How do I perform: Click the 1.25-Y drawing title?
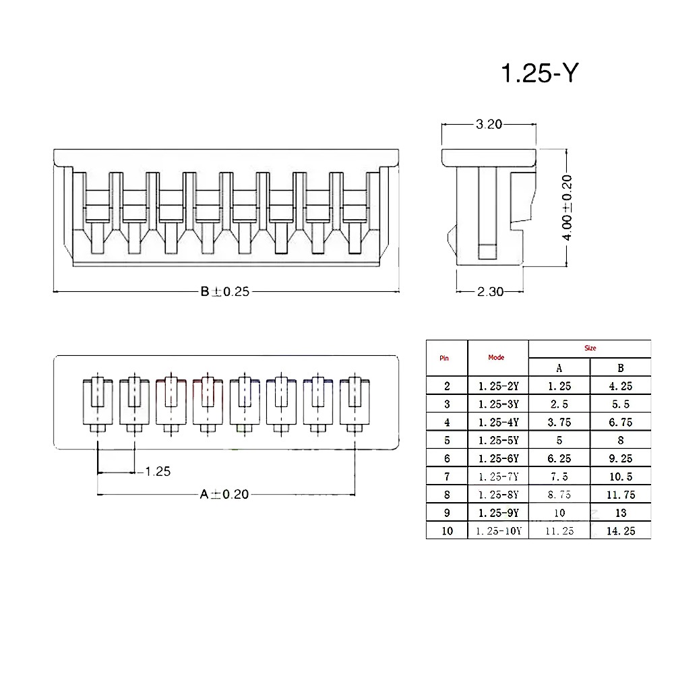pyautogui.click(x=540, y=73)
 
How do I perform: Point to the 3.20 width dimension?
pyautogui.click(x=489, y=124)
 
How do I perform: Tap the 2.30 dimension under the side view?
pyautogui.click(x=490, y=292)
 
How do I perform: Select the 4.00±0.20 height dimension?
pyautogui.click(x=567, y=208)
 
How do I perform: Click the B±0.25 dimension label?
pyautogui.click(x=225, y=292)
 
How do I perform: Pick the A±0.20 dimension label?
pyautogui.click(x=224, y=494)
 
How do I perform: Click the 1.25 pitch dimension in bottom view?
pyautogui.click(x=157, y=472)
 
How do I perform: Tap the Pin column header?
pyautogui.click(x=444, y=358)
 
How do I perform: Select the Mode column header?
pyautogui.click(x=496, y=357)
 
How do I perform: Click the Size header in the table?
pyautogui.click(x=590, y=348)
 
